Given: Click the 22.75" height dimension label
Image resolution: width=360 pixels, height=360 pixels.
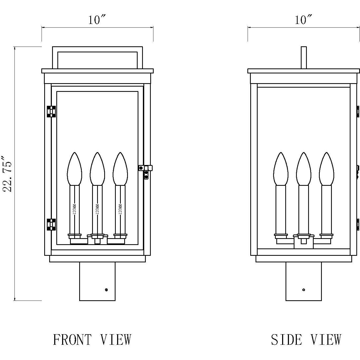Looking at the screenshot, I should pos(7,174).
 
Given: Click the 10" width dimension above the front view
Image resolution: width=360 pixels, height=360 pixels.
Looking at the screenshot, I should pos(97,20).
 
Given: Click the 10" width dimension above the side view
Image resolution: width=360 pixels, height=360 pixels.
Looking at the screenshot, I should pos(303,20).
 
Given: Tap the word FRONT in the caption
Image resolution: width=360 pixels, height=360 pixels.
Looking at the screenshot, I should pos(72,339).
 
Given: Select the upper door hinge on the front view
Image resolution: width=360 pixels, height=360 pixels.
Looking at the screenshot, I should pos(51,111).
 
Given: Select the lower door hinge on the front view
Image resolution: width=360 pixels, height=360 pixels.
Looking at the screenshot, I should pos(51,224).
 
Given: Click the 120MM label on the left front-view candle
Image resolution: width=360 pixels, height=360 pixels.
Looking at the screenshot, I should pos(74,209).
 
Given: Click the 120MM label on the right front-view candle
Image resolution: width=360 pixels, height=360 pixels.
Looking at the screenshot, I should pos(121,209).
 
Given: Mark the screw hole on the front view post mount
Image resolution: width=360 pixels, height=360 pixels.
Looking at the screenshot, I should pos(106,290).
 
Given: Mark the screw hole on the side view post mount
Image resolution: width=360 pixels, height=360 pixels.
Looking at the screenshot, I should pos(304,290).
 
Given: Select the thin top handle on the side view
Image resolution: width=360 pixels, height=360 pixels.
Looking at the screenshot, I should pos(304,57).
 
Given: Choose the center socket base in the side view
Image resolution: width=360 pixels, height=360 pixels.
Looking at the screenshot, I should pos(303,242).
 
